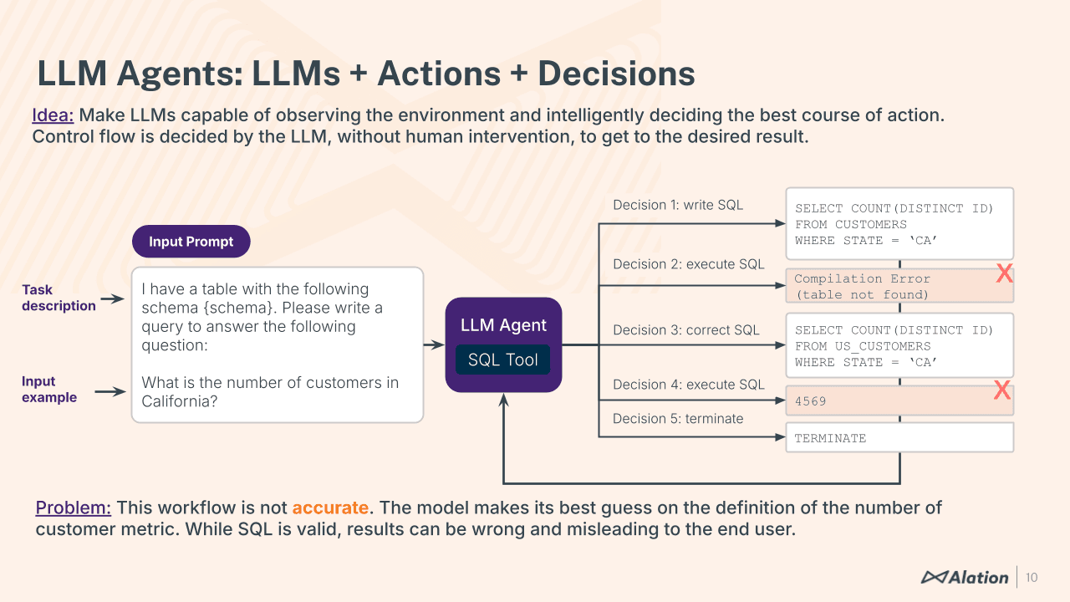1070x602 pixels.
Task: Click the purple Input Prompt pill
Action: (x=191, y=242)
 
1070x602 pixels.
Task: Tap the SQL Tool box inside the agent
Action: (x=502, y=360)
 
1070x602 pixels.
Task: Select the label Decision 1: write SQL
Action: (x=677, y=205)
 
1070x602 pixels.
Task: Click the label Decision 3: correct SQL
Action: (x=685, y=330)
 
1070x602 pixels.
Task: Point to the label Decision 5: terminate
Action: (x=677, y=419)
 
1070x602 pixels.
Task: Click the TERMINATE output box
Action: (x=899, y=437)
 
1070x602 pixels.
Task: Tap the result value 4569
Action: (x=810, y=401)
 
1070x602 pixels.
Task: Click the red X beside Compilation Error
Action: (x=1004, y=273)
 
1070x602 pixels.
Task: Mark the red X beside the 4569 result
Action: (x=1001, y=390)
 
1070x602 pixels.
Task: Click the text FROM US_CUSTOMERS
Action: (x=862, y=346)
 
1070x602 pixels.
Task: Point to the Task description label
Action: (x=58, y=298)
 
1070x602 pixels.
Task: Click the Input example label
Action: (x=48, y=390)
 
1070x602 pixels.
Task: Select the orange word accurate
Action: (x=329, y=508)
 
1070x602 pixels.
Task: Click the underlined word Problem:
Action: (x=73, y=508)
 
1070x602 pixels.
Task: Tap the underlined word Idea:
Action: (x=53, y=115)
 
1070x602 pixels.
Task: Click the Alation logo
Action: (x=965, y=577)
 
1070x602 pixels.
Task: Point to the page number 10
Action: (x=1032, y=577)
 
